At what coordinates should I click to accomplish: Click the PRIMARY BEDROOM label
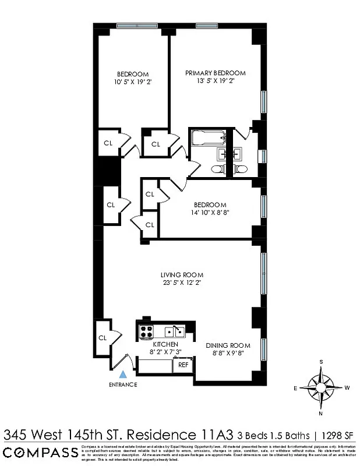click(215, 73)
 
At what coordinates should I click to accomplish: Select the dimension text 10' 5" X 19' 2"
click(132, 82)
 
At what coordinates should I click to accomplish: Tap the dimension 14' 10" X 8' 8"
click(210, 214)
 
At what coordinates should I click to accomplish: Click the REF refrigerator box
click(183, 365)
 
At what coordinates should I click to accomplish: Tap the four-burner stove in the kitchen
click(145, 332)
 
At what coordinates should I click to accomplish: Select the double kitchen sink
click(174, 332)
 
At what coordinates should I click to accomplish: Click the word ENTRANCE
click(122, 385)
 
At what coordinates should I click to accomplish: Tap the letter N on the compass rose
click(320, 414)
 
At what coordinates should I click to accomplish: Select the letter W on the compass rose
click(347, 387)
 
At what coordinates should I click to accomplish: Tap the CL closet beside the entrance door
click(103, 337)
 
